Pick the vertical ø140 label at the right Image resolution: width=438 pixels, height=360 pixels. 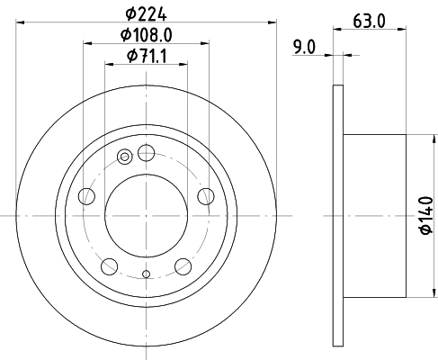click(x=426, y=215)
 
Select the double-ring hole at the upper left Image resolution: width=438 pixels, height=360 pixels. click(x=124, y=159)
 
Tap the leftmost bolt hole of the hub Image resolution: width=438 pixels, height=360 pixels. click(x=86, y=195)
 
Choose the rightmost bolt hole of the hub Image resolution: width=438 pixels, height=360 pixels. click(x=205, y=195)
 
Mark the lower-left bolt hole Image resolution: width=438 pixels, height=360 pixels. click(x=109, y=265)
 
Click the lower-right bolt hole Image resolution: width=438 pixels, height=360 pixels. click(x=183, y=265)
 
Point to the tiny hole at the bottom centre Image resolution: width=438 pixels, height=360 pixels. click(x=146, y=272)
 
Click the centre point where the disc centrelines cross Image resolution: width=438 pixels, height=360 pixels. click(x=146, y=215)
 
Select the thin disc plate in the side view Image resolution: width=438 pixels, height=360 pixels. click(x=338, y=215)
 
